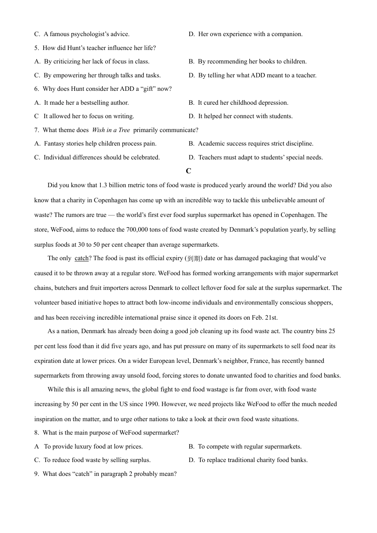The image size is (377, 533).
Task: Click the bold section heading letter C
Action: [188, 171]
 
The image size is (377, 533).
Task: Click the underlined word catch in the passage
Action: [81, 258]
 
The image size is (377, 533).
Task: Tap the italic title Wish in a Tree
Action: [111, 130]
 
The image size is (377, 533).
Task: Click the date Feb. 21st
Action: [265, 318]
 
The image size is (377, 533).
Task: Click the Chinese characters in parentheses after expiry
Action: [193, 258]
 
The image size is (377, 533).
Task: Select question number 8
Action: [36, 433]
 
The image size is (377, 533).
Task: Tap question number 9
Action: [36, 474]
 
